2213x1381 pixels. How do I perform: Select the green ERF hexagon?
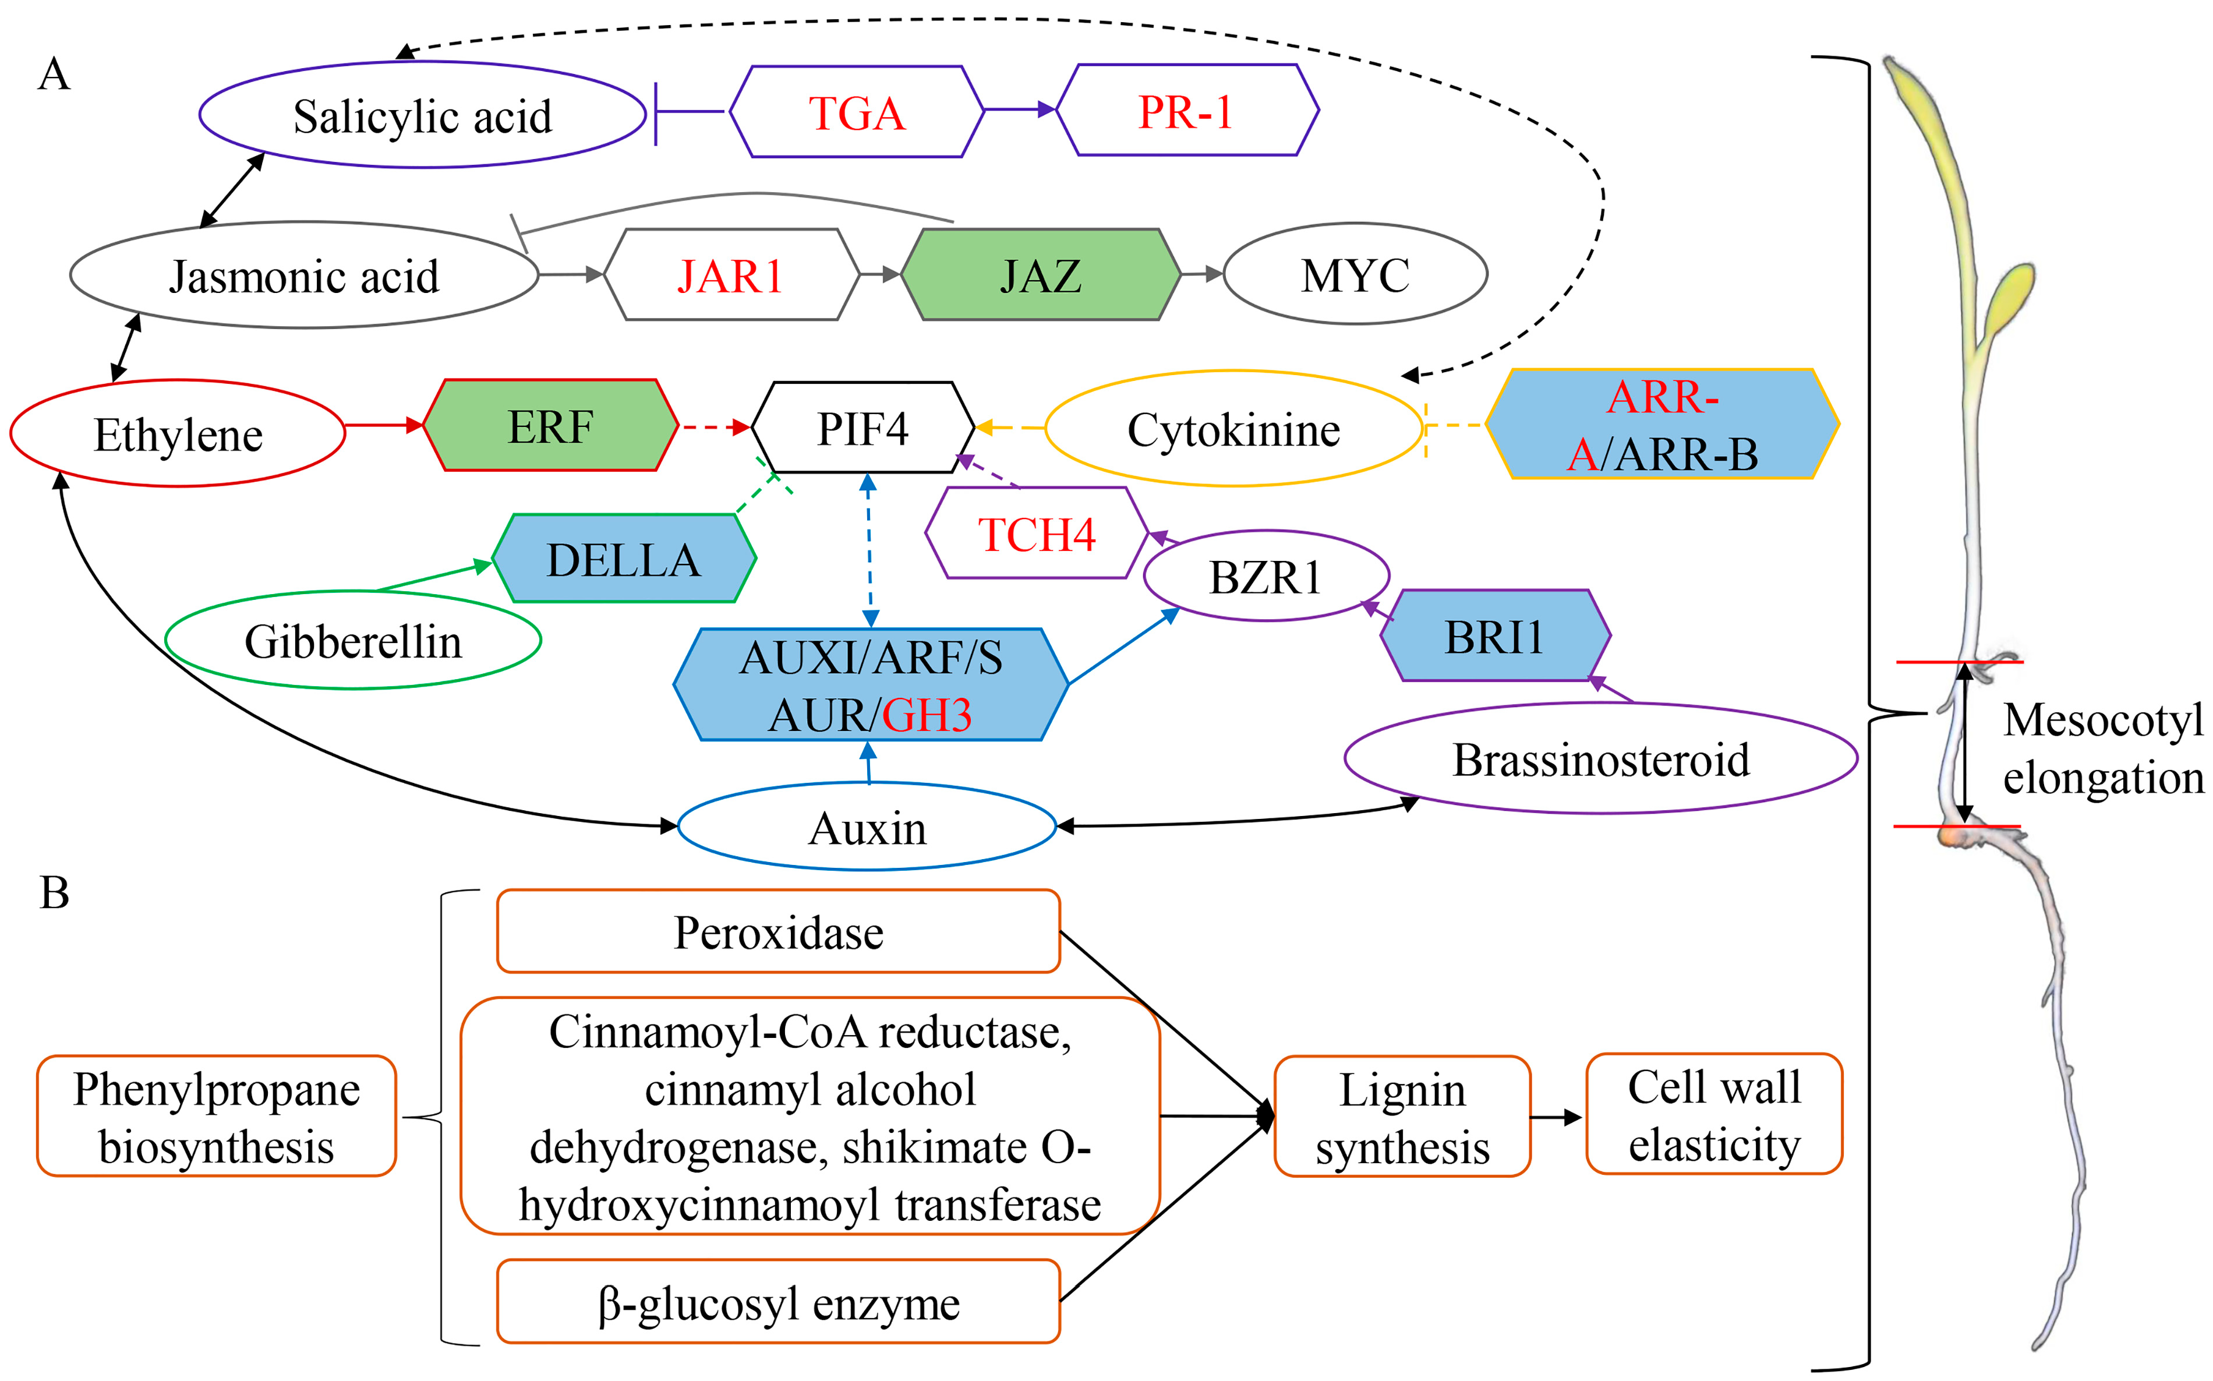coord(550,426)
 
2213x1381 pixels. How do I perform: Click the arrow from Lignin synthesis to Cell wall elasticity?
coord(1557,1117)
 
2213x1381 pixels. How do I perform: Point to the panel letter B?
coord(55,893)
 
